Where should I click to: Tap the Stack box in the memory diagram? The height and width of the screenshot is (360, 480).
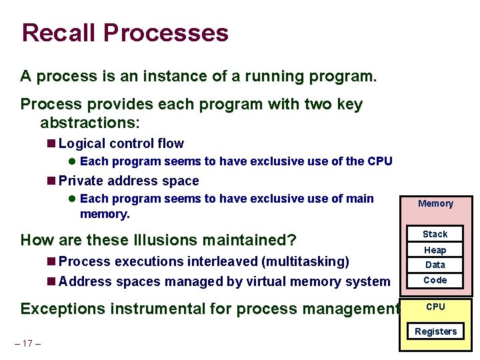coord(435,234)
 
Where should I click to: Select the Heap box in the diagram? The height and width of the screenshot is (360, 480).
coord(435,250)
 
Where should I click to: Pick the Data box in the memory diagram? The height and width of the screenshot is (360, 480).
coord(435,265)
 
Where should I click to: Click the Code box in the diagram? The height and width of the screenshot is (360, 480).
coord(435,280)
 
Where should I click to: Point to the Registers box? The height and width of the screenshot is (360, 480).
coord(435,331)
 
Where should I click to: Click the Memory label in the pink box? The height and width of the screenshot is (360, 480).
coord(435,203)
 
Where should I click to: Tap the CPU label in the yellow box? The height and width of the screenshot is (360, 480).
coord(435,307)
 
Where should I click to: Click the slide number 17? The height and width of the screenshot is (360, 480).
coord(27,343)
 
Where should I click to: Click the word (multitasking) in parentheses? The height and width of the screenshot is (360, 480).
coord(305,261)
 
